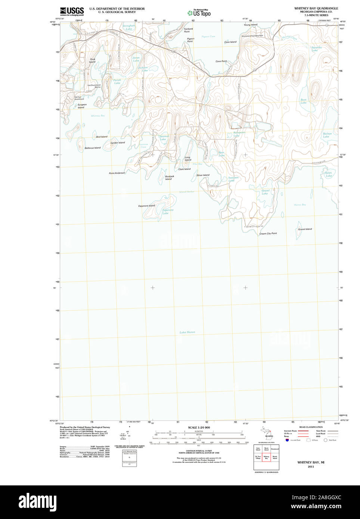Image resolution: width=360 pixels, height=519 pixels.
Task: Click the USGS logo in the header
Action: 72,11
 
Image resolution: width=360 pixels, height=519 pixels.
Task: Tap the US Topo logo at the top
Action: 199,13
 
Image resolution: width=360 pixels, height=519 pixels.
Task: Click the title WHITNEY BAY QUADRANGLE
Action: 316,8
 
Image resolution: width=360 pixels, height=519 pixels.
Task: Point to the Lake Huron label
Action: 187,332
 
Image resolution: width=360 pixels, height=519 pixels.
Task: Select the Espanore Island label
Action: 146,206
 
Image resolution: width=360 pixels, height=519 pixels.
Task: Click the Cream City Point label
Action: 268,234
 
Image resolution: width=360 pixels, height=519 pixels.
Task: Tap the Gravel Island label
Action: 305,229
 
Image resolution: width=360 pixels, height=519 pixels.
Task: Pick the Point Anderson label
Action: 117,173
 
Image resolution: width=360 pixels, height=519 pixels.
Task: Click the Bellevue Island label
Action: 93,148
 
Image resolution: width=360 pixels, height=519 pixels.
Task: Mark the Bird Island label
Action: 102,137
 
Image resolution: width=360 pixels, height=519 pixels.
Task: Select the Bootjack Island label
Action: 169,178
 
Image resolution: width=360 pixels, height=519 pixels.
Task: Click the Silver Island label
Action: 203,175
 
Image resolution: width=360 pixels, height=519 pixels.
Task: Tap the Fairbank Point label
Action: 188,30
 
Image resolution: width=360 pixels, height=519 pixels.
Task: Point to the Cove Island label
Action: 230,42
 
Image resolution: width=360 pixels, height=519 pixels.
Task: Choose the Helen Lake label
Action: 328,174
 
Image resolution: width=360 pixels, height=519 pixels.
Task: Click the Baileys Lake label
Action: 327,135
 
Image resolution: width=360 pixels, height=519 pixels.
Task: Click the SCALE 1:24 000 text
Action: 199,428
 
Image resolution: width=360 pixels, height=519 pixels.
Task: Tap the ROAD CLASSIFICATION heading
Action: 311,427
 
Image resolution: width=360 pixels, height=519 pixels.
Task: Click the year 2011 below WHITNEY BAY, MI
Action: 311,467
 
